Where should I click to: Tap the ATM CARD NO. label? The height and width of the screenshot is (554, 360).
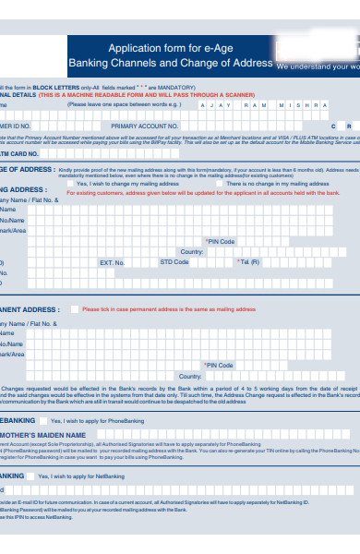click(x=18, y=153)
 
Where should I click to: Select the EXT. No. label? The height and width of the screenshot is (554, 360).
click(x=112, y=262)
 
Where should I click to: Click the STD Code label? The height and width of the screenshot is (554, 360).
click(x=174, y=262)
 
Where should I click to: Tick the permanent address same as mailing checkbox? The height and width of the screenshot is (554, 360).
click(x=74, y=309)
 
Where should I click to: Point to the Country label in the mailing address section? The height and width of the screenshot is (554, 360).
click(x=192, y=251)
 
